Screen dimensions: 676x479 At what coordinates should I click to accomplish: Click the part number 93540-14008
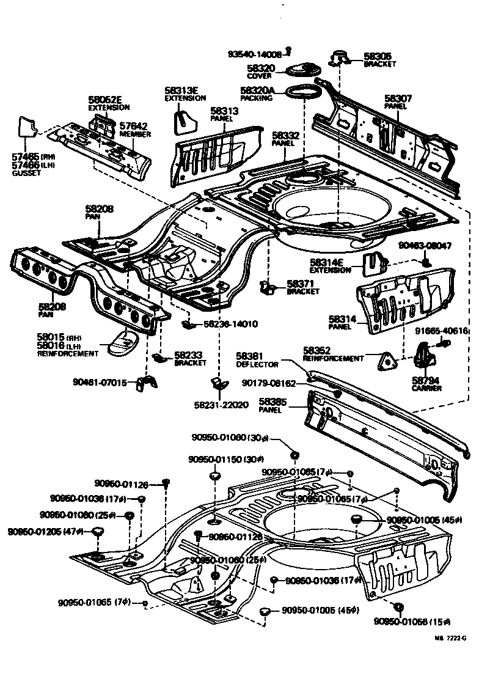coord(256,54)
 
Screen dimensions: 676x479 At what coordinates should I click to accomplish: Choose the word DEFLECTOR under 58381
coord(257,364)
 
